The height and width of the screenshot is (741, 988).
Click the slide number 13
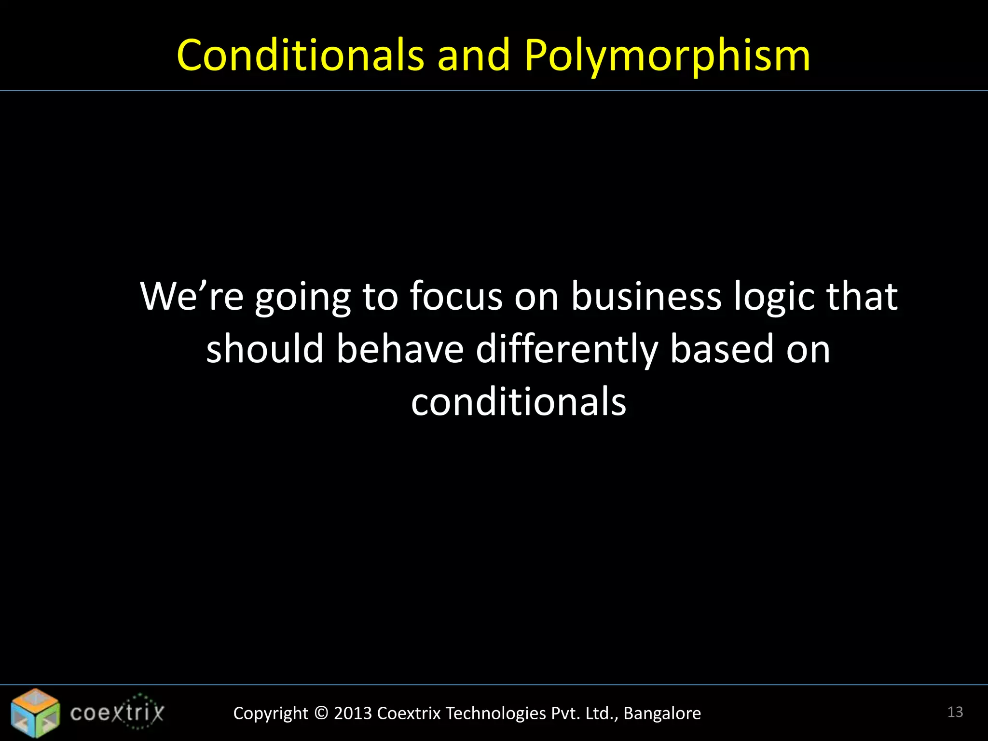point(955,712)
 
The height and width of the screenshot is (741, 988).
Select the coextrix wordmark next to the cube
point(117,713)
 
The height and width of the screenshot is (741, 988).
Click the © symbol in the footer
point(321,714)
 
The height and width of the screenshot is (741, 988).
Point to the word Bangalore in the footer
point(662,714)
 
